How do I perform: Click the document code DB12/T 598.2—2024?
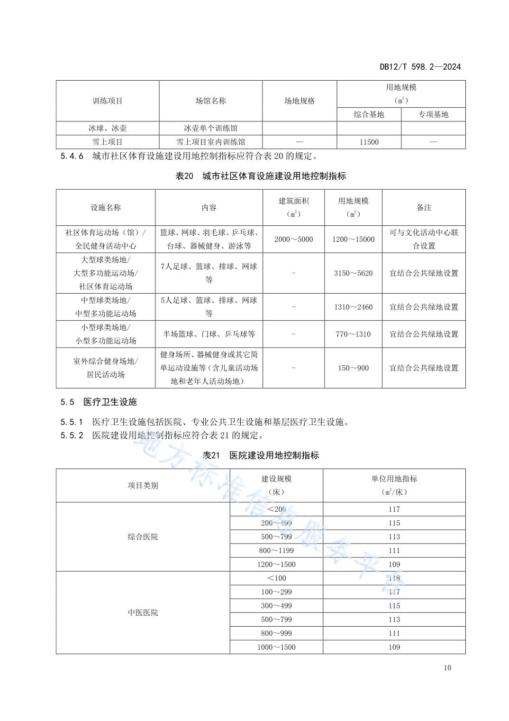point(420,67)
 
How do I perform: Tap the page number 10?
point(447,668)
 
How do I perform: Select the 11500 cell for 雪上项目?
point(369,142)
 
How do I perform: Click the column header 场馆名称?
point(210,101)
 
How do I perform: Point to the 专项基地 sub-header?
point(433,114)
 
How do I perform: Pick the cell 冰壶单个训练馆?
point(210,128)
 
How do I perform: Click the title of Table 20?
point(261,176)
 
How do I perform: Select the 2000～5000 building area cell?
point(293,239)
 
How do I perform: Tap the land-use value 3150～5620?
point(353,273)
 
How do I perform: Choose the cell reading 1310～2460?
point(353,307)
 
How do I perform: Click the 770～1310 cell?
point(353,334)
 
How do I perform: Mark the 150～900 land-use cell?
point(353,368)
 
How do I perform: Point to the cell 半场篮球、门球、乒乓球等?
point(209,334)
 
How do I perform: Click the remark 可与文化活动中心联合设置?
point(424,239)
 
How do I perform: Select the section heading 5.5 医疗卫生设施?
point(99,402)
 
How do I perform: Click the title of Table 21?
point(261,455)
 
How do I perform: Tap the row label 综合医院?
point(143,537)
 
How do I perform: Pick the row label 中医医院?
point(143,612)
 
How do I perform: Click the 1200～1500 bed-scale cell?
point(276,564)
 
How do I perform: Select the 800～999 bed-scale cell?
point(276,633)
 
